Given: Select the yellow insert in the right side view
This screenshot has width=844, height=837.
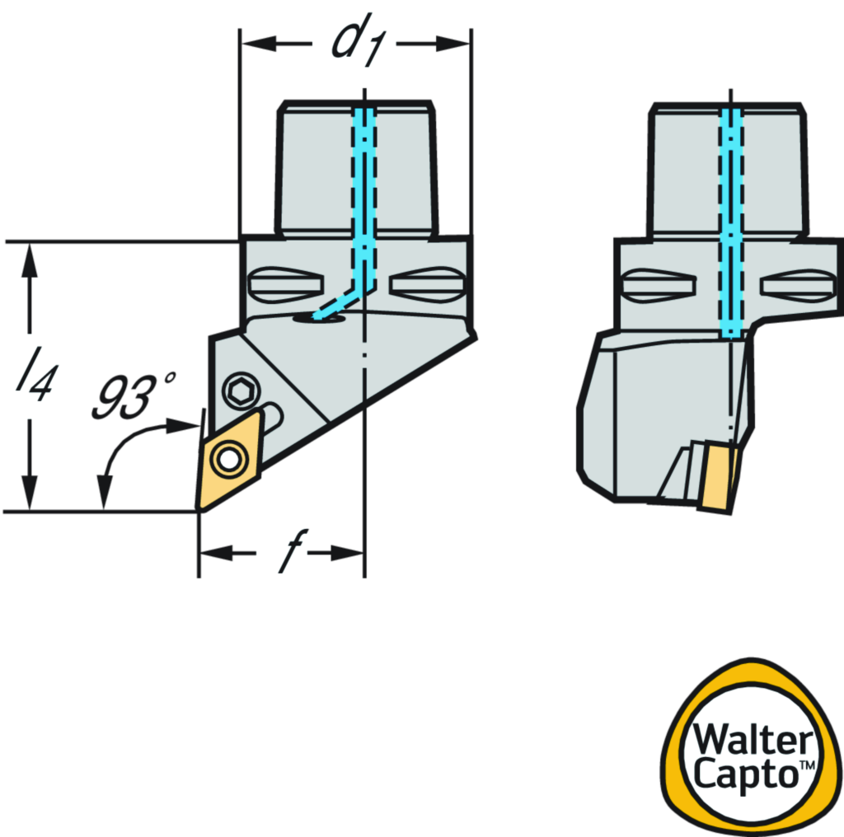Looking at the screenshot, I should pyautogui.click(x=719, y=475).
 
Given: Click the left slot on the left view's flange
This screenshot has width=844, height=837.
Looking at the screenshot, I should pyautogui.click(x=284, y=284).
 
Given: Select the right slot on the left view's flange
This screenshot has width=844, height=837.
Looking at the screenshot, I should pyautogui.click(x=427, y=284).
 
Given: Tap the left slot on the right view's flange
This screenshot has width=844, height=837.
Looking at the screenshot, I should pyautogui.click(x=657, y=285).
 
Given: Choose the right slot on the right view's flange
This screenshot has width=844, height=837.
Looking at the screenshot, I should pyautogui.click(x=797, y=285).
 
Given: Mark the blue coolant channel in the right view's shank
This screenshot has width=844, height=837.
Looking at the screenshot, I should pyautogui.click(x=731, y=222).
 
